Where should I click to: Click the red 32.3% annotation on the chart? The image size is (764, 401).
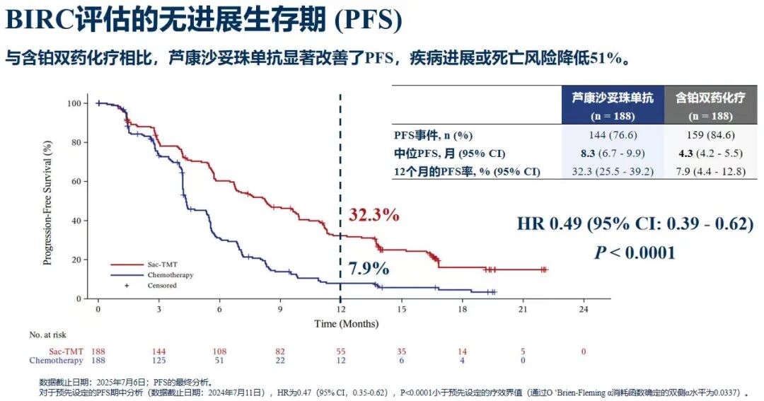pyautogui.click(x=374, y=215)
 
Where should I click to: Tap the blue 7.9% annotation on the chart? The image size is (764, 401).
pyautogui.click(x=369, y=268)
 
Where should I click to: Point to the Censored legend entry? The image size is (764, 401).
pyautogui.click(x=158, y=285)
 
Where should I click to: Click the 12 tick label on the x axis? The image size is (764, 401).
pyautogui.click(x=340, y=310)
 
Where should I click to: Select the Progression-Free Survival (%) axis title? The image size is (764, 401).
pyautogui.click(x=48, y=202)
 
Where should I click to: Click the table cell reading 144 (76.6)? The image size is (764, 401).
pyautogui.click(x=613, y=135)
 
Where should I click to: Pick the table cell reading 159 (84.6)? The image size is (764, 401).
pyautogui.click(x=710, y=135)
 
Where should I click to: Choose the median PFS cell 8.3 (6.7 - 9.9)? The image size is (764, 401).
pyautogui.click(x=613, y=153)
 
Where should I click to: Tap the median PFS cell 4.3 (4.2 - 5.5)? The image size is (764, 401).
pyautogui.click(x=710, y=153)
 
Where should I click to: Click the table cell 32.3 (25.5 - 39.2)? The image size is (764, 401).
pyautogui.click(x=613, y=171)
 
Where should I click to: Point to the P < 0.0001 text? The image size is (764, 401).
pyautogui.click(x=635, y=252)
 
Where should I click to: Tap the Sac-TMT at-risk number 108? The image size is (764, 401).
pyautogui.click(x=219, y=351)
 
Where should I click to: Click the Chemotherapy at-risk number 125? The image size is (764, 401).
pyautogui.click(x=158, y=360)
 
